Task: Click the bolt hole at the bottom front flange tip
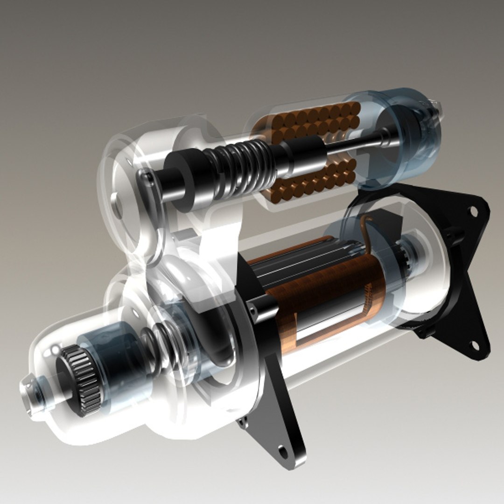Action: point(282,451)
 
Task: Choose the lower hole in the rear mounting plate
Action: point(474,346)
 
